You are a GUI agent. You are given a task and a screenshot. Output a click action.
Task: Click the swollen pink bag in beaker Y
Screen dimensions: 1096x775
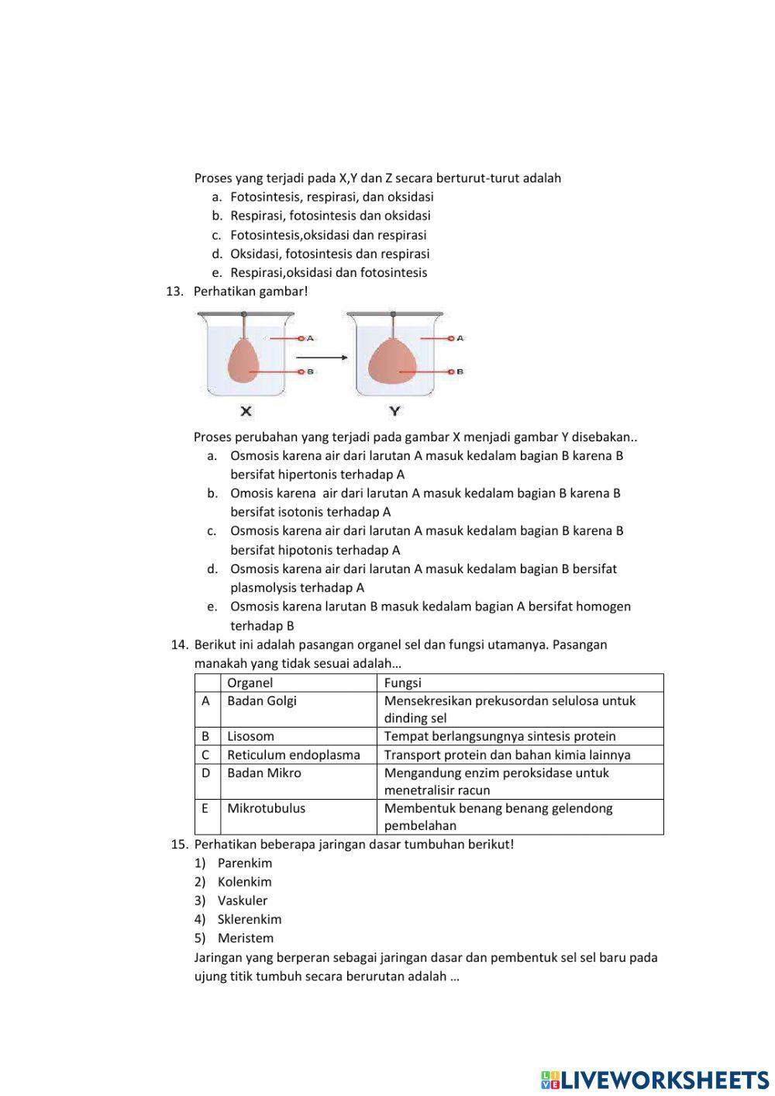pos(393,362)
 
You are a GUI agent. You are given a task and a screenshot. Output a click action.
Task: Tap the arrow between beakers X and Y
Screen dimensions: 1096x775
pos(320,358)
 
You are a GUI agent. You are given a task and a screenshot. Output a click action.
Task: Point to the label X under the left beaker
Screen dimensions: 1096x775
pos(246,411)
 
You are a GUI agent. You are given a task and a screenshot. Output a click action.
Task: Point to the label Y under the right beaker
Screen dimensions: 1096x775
pos(395,411)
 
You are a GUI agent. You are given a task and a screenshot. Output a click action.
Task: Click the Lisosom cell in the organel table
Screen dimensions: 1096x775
pos(250,736)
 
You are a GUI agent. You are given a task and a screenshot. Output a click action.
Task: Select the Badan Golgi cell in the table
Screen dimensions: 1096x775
pos(261,701)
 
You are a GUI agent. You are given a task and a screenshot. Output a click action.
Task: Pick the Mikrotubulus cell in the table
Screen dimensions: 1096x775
pos(266,808)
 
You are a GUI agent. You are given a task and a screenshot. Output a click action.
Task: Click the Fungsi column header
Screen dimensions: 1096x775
pos(403,683)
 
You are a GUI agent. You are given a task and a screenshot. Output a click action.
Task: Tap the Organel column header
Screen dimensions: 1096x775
pos(250,683)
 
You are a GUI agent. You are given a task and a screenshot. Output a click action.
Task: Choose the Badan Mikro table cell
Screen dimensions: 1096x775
pos(263,773)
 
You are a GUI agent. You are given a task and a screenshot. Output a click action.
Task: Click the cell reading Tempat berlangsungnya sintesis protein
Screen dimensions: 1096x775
pos(500,736)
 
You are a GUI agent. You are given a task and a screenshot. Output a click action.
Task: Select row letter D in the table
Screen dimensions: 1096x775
pos(205,773)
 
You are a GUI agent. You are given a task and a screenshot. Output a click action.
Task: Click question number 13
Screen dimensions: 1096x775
pos(174,292)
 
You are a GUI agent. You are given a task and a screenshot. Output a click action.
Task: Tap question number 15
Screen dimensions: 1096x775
pos(178,845)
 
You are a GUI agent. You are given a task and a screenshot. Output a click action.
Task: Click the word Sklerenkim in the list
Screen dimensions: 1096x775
pos(249,919)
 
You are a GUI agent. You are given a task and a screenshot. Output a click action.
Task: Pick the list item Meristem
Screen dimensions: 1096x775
pos(245,939)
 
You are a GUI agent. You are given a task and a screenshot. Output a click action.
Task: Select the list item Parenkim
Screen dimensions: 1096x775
pos(244,863)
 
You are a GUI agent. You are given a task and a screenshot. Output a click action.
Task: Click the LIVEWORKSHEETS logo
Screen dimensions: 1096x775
pos(655,1079)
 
